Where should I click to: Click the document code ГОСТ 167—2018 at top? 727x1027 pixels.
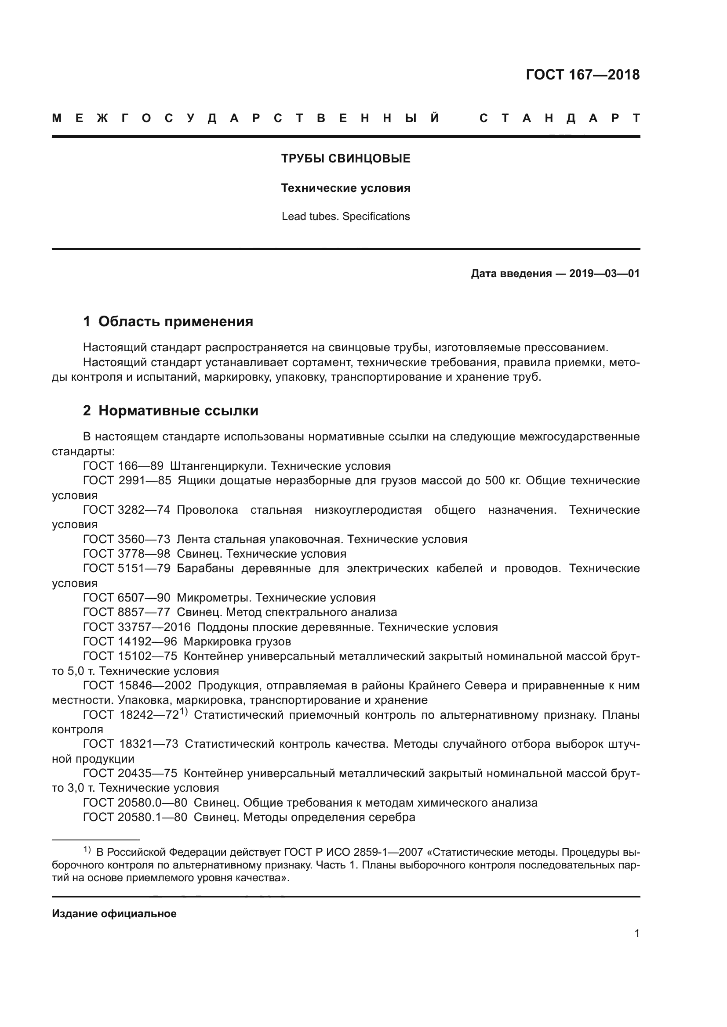tap(582, 75)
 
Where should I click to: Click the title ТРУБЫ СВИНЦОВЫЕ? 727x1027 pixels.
tap(345, 159)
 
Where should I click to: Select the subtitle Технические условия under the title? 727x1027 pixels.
tap(345, 188)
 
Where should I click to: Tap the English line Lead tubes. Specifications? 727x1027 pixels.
tap(345, 216)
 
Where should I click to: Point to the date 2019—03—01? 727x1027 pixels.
tap(604, 273)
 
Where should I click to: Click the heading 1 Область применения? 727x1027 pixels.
tap(168, 321)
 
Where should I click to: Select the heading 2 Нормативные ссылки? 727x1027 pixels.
tap(171, 410)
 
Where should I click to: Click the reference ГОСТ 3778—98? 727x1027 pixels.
tap(127, 553)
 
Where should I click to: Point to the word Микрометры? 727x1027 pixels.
tap(213, 597)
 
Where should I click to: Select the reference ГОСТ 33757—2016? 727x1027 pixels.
tap(137, 627)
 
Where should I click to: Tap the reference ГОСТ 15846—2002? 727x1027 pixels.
tap(137, 685)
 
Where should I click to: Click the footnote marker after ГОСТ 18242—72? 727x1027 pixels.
tap(184, 712)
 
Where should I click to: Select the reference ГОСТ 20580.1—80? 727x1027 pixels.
tap(135, 817)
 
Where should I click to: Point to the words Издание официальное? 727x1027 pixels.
tap(114, 913)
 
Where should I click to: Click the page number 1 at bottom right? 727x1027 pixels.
tap(636, 933)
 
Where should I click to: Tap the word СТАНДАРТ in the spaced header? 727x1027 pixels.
tap(559, 118)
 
